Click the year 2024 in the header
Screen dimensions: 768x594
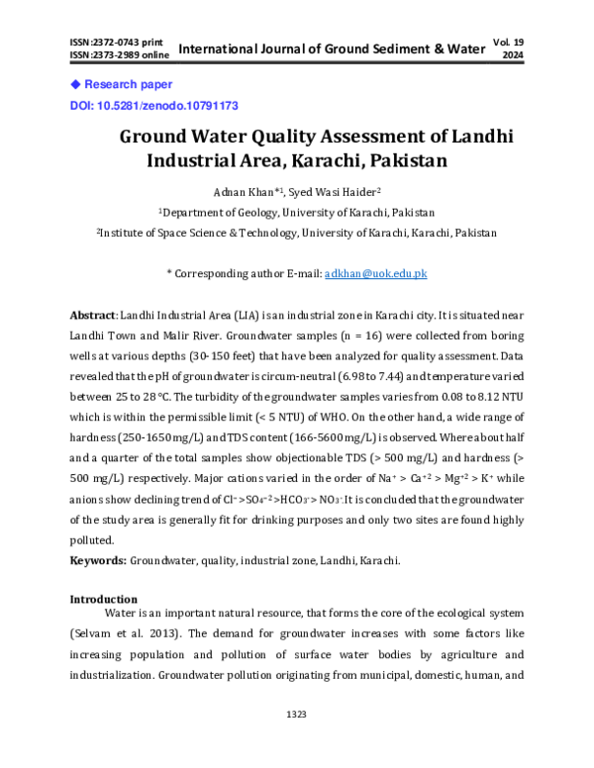(512, 56)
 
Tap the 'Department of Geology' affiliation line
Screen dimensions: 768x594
(297, 212)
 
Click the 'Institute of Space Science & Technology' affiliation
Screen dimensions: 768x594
(297, 233)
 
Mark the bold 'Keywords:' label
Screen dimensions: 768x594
(98, 560)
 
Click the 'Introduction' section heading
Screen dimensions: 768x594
(103, 600)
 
